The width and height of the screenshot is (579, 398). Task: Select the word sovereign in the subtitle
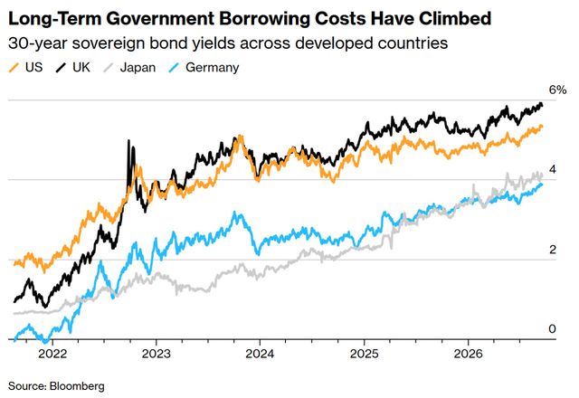click(109, 43)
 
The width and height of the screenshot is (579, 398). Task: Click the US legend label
click(34, 67)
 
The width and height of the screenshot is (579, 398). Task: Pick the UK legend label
click(81, 67)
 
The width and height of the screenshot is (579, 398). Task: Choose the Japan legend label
click(138, 68)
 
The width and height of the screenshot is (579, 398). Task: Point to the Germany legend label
click(213, 68)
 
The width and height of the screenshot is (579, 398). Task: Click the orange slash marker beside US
click(14, 68)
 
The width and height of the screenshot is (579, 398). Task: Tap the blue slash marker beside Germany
click(174, 68)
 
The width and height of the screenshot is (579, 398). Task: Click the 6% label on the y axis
click(557, 90)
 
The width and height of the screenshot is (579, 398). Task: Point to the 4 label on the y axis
click(553, 169)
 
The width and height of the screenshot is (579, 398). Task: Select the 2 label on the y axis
click(553, 250)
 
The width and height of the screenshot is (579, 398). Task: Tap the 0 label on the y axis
click(553, 328)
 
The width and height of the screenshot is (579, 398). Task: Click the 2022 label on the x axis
click(52, 354)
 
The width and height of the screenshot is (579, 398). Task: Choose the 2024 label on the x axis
click(260, 354)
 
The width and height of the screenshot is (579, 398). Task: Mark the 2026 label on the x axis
click(469, 354)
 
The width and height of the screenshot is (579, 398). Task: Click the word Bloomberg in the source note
click(77, 386)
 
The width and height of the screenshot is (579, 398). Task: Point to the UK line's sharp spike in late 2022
click(128, 141)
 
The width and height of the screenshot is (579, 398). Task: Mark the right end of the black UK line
click(542, 105)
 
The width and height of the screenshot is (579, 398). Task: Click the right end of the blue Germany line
click(542, 185)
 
